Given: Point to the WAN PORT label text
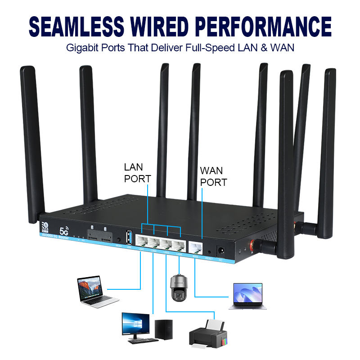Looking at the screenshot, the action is click(213, 176).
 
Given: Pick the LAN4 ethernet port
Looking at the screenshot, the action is click(178, 245).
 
